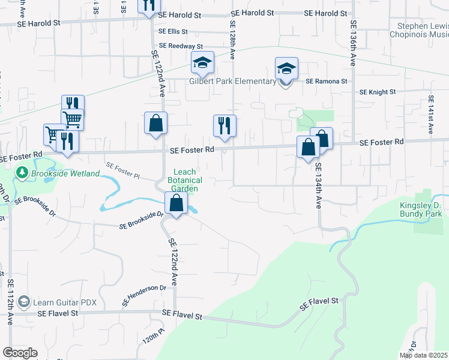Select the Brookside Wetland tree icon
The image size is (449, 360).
coord(23,173)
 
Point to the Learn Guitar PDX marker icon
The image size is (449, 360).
coord(24,301)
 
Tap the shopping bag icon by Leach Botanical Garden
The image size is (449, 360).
coord(176,203)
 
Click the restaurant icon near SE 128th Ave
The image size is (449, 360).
coord(224,126)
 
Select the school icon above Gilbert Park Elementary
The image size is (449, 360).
coord(203,62)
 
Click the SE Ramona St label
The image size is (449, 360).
coord(327,82)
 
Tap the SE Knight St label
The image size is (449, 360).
coord(378,92)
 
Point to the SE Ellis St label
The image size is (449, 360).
coord(173,32)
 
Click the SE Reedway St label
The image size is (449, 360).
coord(181,46)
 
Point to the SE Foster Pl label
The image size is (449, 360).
coord(122,170)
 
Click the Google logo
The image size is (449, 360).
coord(20,353)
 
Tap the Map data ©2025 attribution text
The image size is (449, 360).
coord(423,355)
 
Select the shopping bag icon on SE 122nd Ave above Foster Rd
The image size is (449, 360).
coord(155,124)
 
